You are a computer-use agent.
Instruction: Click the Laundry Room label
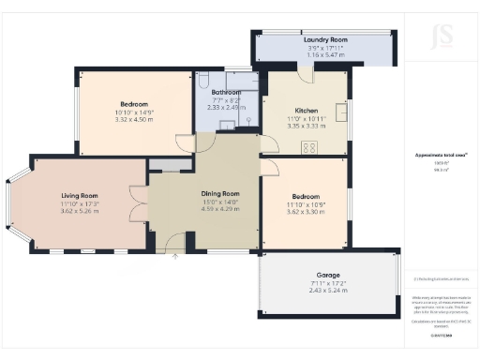(x=325, y=40)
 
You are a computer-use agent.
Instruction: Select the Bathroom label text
(x=226, y=92)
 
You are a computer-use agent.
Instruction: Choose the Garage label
(x=328, y=274)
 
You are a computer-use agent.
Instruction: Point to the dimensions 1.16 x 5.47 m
(x=325, y=56)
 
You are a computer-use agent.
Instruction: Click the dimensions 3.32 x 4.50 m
(x=134, y=120)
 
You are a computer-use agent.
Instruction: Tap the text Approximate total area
(x=442, y=155)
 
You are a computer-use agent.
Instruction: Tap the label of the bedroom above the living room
(x=134, y=103)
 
